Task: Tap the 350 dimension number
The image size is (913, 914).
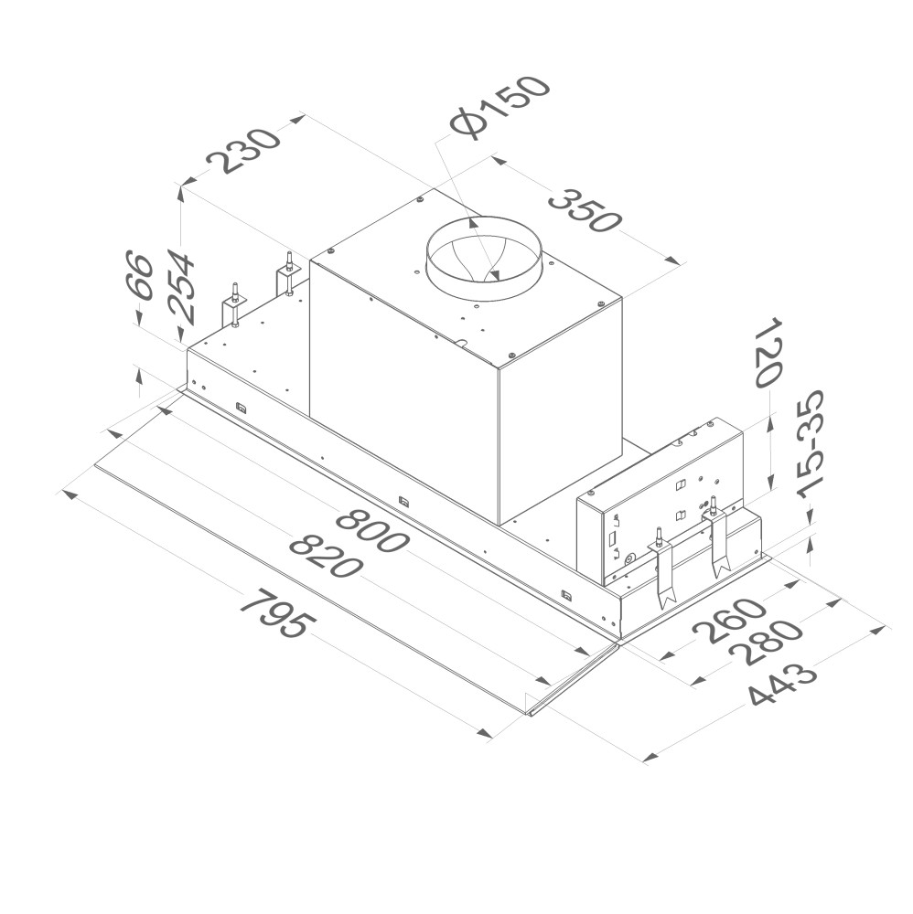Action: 582,210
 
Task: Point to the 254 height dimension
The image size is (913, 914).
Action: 179,285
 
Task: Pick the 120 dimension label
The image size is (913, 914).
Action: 768,352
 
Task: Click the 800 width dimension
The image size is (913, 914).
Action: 371,531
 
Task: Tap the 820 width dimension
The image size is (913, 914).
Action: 326,557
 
